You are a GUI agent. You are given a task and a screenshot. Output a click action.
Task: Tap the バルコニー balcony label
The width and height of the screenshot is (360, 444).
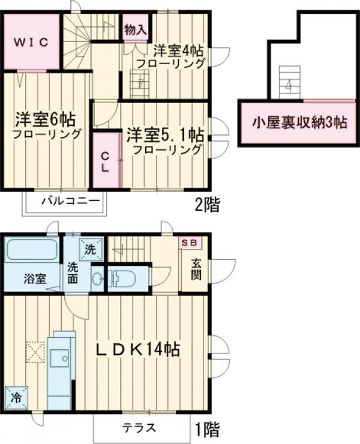coord(66,200)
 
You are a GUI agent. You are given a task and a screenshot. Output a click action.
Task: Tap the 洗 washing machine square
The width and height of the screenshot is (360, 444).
coord(89,247)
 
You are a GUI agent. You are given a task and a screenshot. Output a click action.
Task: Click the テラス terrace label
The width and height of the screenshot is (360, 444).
coord(139,428)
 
